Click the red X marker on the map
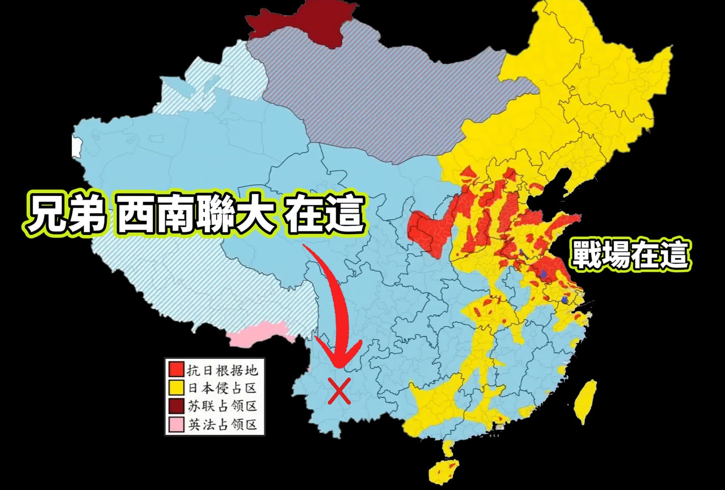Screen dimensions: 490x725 (339, 391)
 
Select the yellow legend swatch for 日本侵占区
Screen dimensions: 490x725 (176, 388)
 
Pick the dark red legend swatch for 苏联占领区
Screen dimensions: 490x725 (176, 406)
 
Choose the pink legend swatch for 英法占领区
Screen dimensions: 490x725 (176, 424)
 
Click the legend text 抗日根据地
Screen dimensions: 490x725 (222, 370)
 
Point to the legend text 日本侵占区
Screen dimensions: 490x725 (222, 388)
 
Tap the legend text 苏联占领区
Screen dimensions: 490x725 (222, 406)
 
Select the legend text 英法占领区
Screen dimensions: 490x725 (222, 424)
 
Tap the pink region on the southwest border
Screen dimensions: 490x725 (260, 333)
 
